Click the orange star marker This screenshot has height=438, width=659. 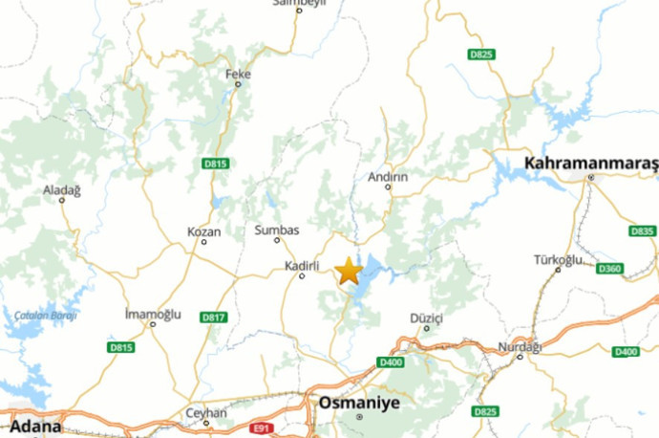348,272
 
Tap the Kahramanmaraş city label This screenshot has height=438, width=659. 590,164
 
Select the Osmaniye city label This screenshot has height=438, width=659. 359,403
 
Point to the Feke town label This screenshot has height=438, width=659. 237,74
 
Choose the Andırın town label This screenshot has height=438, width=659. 388,177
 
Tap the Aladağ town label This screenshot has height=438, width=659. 62,190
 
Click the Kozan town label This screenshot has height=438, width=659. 203,231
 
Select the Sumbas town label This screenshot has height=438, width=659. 277,230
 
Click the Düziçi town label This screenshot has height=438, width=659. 426,317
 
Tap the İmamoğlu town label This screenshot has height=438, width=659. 153,314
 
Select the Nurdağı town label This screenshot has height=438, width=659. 520,346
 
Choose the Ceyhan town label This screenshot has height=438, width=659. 206,413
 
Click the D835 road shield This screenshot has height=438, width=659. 643,231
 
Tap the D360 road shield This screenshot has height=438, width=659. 609,269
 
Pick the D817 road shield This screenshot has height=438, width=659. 214,317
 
